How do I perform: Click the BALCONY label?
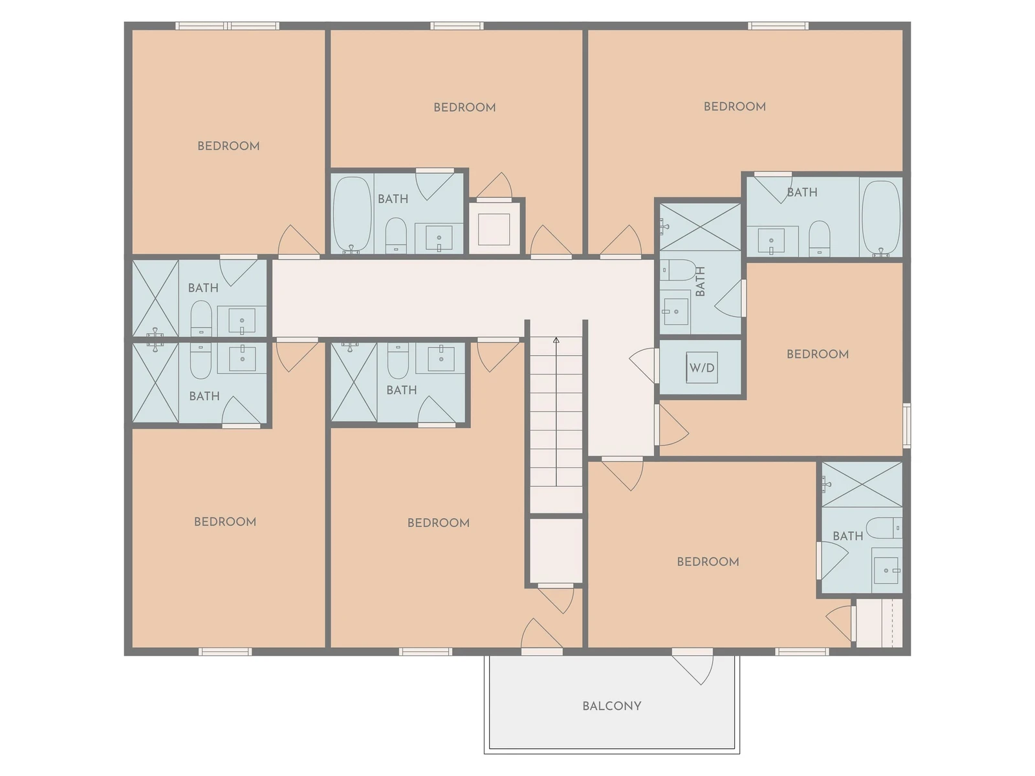tap(611, 706)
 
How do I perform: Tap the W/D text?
tap(702, 368)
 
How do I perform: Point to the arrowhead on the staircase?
tap(556, 339)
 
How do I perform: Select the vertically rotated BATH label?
tap(701, 281)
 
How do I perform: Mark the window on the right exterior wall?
tap(906, 425)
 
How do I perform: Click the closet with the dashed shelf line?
tap(879, 623)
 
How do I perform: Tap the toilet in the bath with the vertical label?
tap(677, 270)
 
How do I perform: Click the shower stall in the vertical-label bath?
tap(700, 227)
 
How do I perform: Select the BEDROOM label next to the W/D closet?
tap(818, 354)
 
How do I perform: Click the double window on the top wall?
tap(227, 26)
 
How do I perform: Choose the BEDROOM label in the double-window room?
tap(229, 146)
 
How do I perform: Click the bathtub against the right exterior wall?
tap(881, 218)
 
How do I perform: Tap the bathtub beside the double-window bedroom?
tap(353, 215)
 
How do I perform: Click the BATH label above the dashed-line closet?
tap(848, 536)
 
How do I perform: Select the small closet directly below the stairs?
tap(556, 551)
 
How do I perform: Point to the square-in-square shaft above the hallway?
tap(494, 229)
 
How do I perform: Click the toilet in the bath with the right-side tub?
tap(820, 239)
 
